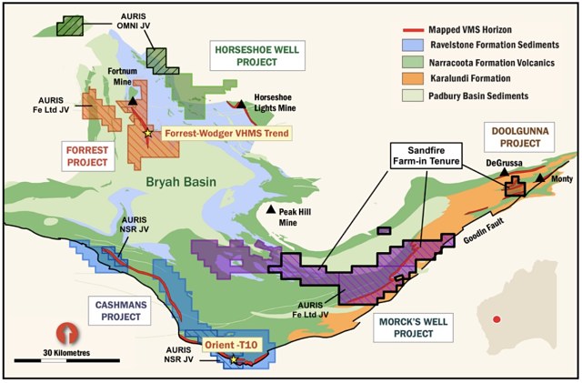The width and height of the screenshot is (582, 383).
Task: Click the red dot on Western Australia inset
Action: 496,319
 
